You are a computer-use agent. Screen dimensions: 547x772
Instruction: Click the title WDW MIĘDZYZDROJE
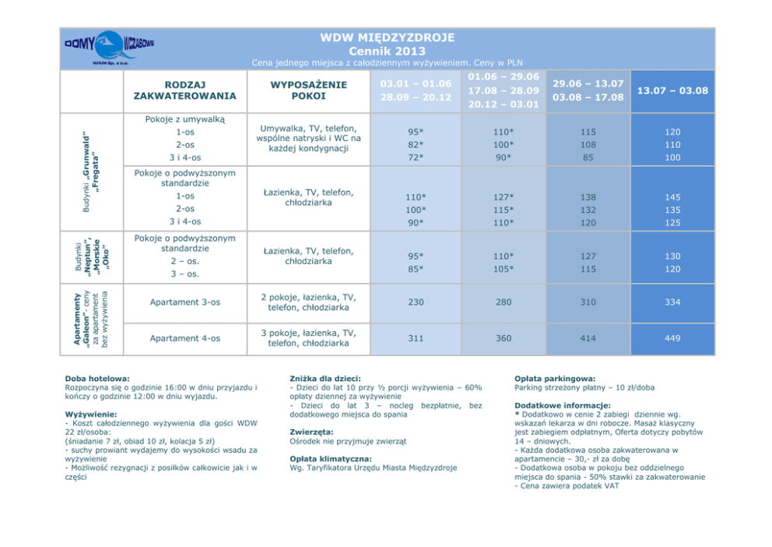[x=387, y=37]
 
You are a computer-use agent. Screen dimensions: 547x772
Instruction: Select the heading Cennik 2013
[x=387, y=51]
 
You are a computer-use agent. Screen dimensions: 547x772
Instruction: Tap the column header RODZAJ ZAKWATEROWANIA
[x=184, y=90]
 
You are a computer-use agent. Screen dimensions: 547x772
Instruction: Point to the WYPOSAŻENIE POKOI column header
[x=308, y=90]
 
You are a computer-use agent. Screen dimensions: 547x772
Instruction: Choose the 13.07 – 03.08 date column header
[x=672, y=90]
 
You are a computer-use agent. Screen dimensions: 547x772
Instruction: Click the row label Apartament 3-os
[x=184, y=302]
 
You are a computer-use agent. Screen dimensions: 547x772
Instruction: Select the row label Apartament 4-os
[x=184, y=338]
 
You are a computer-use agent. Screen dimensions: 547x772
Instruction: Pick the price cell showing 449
[x=672, y=338]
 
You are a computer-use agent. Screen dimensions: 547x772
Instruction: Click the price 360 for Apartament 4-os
[x=501, y=338]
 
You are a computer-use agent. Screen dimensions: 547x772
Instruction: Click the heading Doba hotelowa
[x=97, y=378]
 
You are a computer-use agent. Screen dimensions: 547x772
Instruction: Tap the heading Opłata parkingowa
[x=555, y=378]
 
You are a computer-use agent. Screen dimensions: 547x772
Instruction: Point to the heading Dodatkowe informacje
[x=563, y=405]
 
